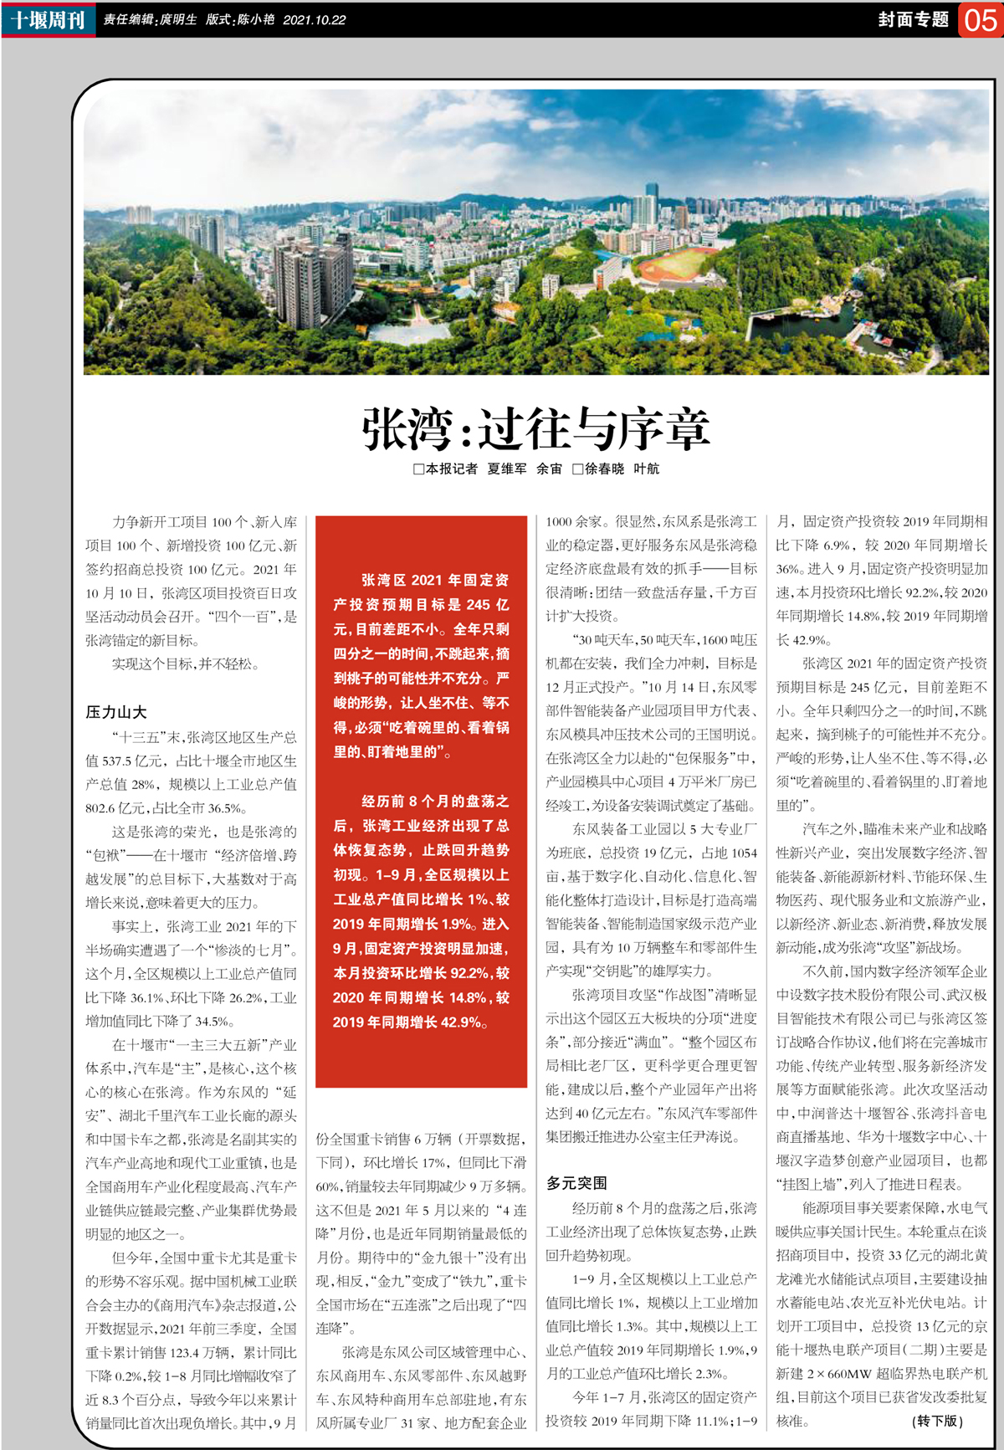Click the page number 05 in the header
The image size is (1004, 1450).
[x=980, y=19]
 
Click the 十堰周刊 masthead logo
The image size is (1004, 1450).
[x=49, y=19]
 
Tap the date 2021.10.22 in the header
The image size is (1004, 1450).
[x=314, y=20]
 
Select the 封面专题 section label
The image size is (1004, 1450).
[x=913, y=19]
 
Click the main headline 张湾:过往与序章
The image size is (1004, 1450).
[x=535, y=428]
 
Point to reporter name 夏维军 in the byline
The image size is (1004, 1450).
[x=507, y=469]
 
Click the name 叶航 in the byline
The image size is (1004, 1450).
[x=646, y=469]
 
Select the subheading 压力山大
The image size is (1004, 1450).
[x=115, y=712]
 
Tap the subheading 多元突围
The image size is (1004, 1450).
[x=576, y=1183]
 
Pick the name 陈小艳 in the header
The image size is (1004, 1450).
[x=255, y=20]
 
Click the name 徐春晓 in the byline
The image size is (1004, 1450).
[x=604, y=469]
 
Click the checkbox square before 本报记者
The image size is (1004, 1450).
[x=418, y=469]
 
